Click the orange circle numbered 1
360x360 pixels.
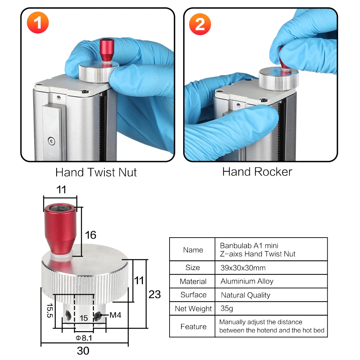[x=38, y=22]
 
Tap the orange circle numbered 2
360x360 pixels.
[x=200, y=24]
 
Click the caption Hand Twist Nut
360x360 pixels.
[x=96, y=172]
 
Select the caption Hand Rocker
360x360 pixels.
[x=257, y=172]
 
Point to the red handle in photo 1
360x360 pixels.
[x=107, y=50]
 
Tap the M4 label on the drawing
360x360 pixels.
[x=115, y=315]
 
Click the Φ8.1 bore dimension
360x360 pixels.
[x=84, y=338]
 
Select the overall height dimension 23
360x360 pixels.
[x=154, y=294]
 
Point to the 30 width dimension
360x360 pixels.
[x=83, y=351]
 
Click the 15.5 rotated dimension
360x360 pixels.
[x=50, y=310]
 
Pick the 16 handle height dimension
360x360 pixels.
[x=90, y=235]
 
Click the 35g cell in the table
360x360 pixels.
[x=226, y=308]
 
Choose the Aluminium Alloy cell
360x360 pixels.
[x=247, y=281]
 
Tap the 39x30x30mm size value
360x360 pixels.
[x=243, y=268]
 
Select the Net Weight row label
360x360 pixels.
[x=193, y=309]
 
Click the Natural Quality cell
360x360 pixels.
[x=246, y=295]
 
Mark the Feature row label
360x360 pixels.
[x=193, y=327]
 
